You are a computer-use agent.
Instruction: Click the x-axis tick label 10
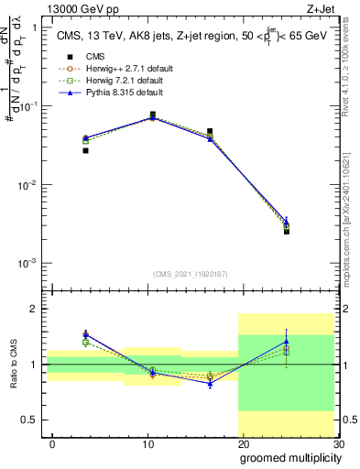coord(147,442)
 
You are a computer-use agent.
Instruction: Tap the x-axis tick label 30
coord(337,442)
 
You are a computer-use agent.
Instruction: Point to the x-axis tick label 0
coord(52,442)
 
